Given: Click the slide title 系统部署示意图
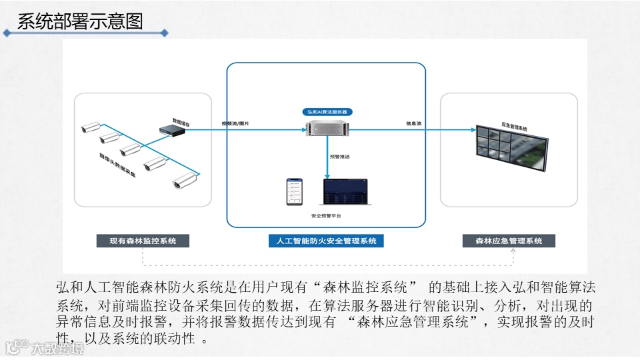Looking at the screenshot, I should click(x=80, y=21).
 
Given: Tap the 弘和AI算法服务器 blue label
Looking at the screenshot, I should click(x=327, y=112).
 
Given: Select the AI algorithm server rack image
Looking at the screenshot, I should click(x=327, y=131).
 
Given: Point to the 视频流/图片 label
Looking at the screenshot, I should click(x=236, y=123).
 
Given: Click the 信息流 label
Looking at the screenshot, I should click(x=413, y=123).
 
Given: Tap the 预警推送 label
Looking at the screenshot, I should click(x=340, y=157).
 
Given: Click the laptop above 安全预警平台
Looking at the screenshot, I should click(x=346, y=193).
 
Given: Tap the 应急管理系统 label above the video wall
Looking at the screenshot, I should click(x=513, y=127).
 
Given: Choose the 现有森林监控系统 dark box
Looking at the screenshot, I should click(x=143, y=241).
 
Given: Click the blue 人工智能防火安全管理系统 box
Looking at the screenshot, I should click(x=326, y=241).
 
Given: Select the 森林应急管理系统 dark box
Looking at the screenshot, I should click(x=509, y=241).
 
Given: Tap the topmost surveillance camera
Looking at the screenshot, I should click(x=89, y=126).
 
